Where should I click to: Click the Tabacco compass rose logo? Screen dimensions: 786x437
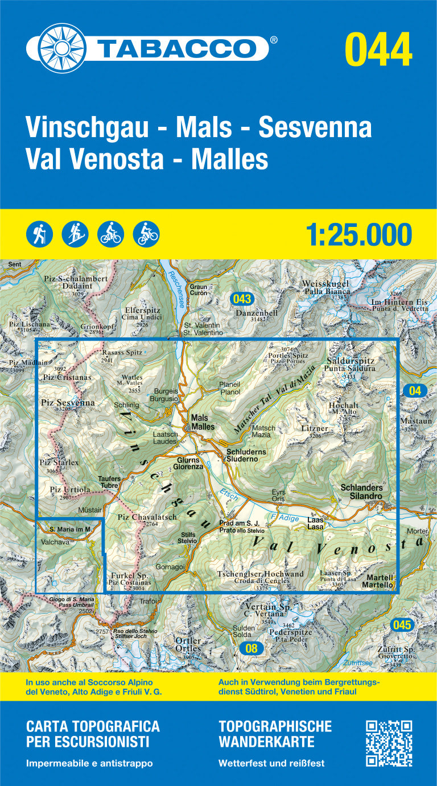[57, 48]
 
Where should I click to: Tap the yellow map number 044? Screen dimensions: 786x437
[378, 50]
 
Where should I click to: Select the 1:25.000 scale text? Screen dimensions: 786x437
[358, 234]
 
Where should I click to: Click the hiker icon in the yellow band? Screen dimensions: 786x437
[39, 234]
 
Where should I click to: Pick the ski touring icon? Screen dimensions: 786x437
[75, 234]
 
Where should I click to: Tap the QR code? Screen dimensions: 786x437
[389, 743]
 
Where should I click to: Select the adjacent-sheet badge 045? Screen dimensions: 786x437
[401, 625]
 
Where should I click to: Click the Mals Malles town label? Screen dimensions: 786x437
[203, 422]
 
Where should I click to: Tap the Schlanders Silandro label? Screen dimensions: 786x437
[361, 491]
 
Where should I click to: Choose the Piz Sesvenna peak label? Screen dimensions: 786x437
[68, 403]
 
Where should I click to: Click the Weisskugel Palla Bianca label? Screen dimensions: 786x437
[325, 287]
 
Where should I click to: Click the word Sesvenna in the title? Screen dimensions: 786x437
[315, 127]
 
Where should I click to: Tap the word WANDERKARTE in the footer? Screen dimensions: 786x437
[266, 742]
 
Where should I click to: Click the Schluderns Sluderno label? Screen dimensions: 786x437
[246, 455]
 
